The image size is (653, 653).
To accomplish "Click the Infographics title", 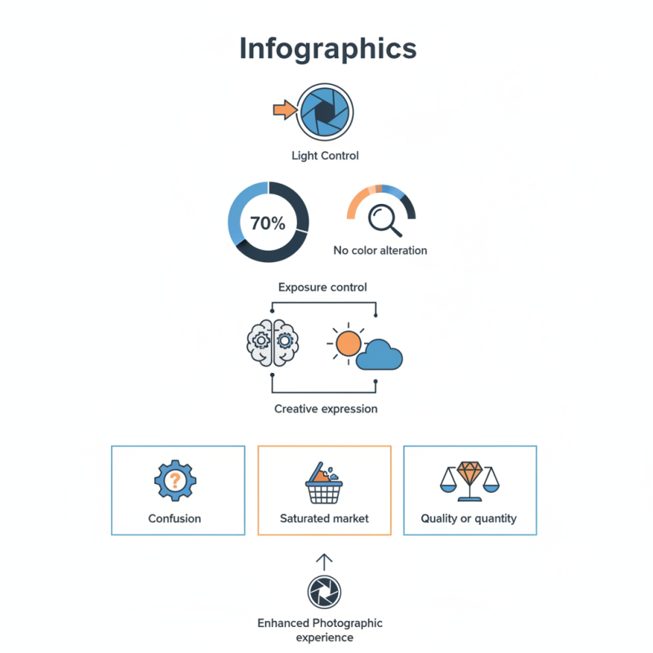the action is click(328, 49).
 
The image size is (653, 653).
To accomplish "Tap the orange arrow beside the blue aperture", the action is click(285, 110).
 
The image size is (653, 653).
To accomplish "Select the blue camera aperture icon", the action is click(325, 112).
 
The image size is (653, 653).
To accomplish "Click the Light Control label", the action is click(325, 156).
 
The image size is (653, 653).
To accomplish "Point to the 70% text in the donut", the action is click(268, 223).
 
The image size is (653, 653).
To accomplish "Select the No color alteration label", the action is click(380, 251).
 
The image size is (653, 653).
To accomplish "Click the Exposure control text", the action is click(322, 287).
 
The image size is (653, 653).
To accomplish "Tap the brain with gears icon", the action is click(273, 343).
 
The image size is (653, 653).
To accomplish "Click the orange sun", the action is click(348, 344).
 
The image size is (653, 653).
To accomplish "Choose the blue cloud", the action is click(380, 355).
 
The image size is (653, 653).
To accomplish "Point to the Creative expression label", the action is click(326, 409).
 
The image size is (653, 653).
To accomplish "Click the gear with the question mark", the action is click(175, 481).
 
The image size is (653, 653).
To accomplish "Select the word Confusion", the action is click(175, 518).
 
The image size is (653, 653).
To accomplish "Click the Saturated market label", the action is click(324, 518).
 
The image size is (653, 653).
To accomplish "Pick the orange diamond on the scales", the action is click(470, 472).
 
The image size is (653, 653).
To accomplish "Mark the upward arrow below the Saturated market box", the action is click(324, 562).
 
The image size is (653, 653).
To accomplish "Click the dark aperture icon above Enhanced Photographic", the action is click(324, 592).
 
